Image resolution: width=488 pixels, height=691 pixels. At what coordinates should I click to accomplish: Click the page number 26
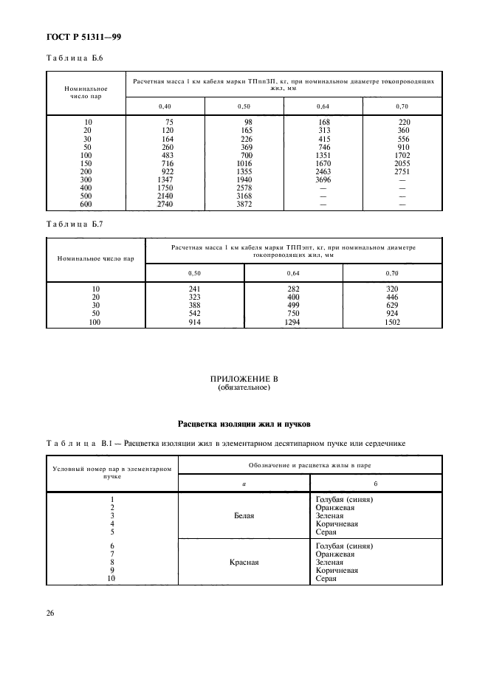coord(51,612)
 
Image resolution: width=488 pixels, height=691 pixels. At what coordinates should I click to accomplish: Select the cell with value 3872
coord(244,204)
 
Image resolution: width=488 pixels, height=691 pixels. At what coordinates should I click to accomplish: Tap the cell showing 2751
coord(403,171)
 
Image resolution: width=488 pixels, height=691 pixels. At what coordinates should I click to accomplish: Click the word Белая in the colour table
coord(244,516)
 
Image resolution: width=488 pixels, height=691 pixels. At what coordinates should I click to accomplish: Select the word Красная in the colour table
coord(244,561)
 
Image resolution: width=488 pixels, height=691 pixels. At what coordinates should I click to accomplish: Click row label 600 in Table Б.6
coord(88,204)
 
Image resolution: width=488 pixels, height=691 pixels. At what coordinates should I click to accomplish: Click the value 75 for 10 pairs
coord(168,122)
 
